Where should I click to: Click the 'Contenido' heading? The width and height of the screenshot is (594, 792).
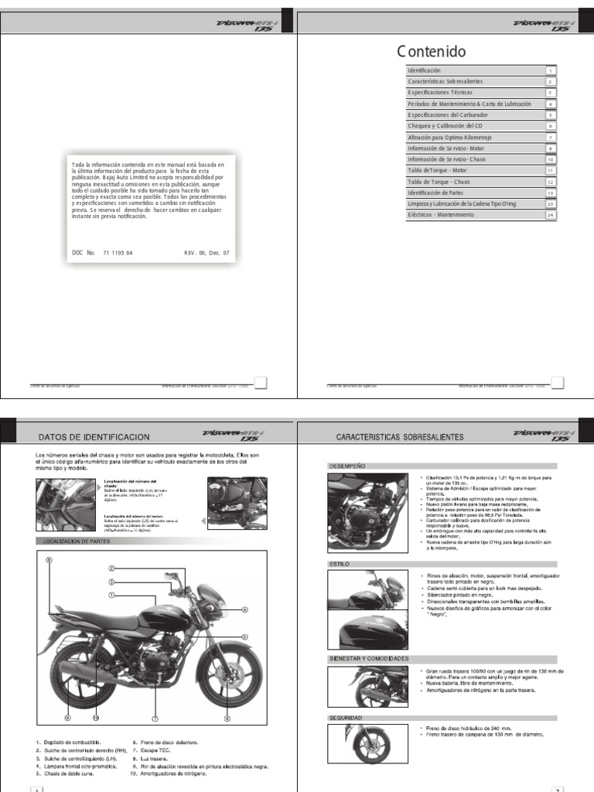point(432,53)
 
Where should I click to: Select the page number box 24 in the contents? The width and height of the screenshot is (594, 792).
point(550,215)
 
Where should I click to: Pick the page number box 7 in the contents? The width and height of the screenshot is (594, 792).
point(550,137)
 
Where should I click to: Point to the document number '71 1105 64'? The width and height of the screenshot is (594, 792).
point(118,253)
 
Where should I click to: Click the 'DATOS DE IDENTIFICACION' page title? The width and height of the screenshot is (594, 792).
point(94,438)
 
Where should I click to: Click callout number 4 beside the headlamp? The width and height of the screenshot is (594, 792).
point(245,609)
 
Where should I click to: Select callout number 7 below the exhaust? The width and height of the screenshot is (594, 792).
point(155,718)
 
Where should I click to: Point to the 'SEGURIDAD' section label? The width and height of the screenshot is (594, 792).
point(346,719)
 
